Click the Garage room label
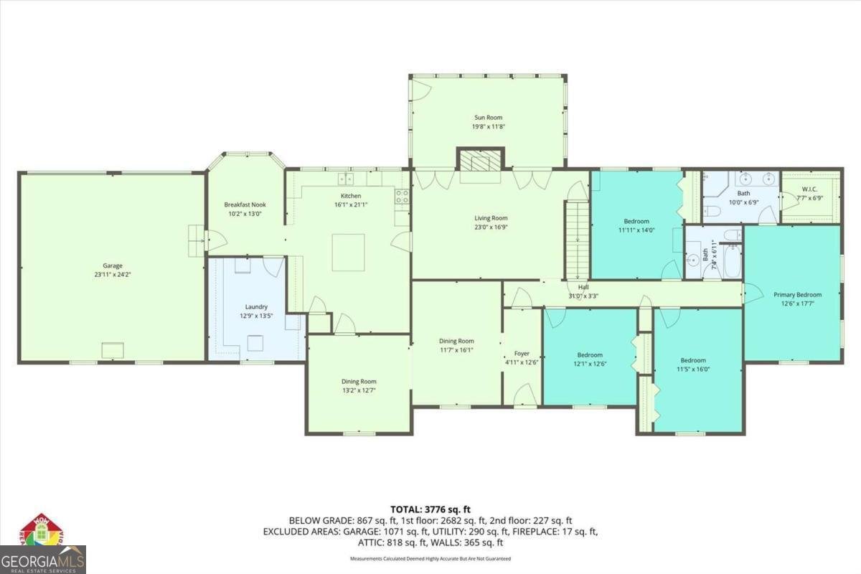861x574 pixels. point(112,265)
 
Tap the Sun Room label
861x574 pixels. point(487,117)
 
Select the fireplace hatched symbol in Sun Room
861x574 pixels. point(480,162)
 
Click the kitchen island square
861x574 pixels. point(348,252)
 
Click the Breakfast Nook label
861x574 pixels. point(245,204)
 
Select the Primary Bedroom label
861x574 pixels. point(797,294)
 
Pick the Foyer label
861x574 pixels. point(522,353)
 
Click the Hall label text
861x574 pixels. point(583,287)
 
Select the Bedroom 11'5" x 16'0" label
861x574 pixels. point(693,360)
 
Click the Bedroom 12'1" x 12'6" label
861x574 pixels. point(590,354)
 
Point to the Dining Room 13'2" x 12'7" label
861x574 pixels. point(359,381)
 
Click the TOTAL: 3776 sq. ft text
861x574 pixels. point(430,509)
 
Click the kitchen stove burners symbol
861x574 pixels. point(402,196)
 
